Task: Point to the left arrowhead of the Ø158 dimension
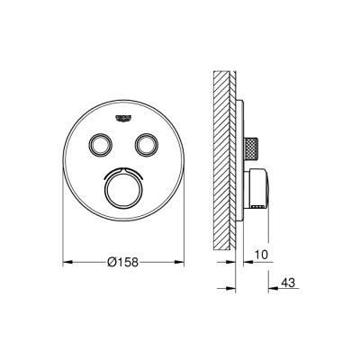[x=65, y=262]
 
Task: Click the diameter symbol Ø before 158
[x=111, y=262]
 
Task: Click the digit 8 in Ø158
[x=136, y=262]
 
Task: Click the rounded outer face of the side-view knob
[x=268, y=188]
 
